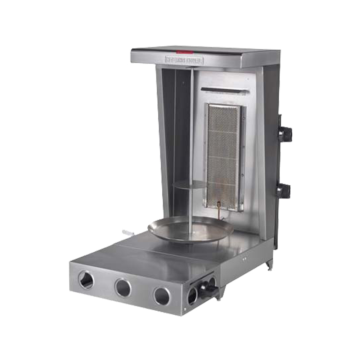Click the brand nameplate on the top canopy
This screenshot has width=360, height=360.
point(184,60)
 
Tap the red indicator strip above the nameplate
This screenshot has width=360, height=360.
point(184,53)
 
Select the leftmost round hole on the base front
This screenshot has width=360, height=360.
point(86,280)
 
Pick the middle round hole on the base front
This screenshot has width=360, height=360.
point(123,288)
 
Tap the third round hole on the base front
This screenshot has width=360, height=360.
point(162,296)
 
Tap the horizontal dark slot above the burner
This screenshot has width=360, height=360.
point(224,90)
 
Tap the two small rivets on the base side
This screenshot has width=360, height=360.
point(245,258)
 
